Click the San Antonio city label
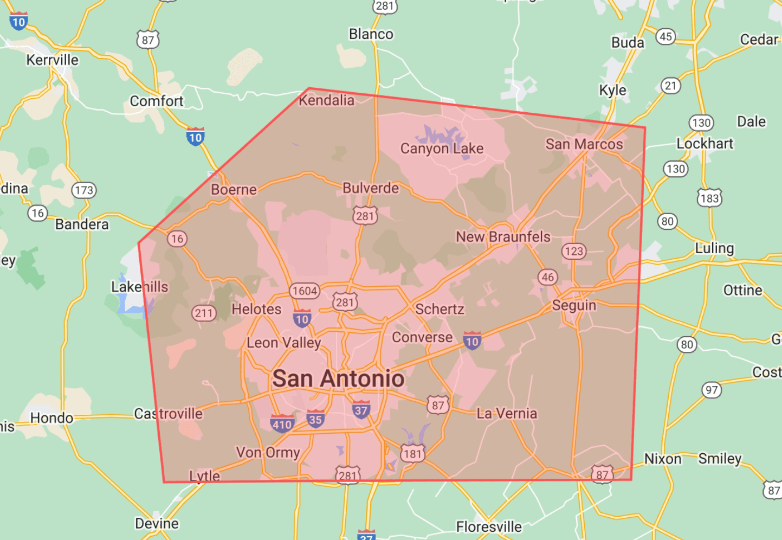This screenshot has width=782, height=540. click(x=338, y=378)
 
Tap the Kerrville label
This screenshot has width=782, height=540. click(x=52, y=60)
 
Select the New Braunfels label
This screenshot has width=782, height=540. click(x=503, y=237)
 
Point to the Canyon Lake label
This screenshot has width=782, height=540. click(x=442, y=148)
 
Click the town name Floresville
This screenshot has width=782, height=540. click(x=489, y=526)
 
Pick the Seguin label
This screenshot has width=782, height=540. click(x=574, y=305)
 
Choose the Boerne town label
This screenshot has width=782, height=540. click(x=234, y=190)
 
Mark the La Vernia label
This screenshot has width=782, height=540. click(x=507, y=414)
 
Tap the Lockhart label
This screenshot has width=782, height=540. click(x=705, y=144)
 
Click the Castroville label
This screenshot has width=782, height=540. click(x=168, y=414)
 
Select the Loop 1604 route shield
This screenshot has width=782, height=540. click(x=305, y=291)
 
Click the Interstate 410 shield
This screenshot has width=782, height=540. click(x=282, y=423)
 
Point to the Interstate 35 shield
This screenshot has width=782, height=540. click(x=315, y=419)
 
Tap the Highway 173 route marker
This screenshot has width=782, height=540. click(x=84, y=190)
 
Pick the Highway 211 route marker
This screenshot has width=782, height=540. click(x=204, y=313)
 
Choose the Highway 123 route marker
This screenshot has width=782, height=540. click(x=574, y=251)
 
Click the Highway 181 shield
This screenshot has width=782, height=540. click(x=412, y=453)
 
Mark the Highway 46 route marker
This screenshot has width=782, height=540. click(x=548, y=277)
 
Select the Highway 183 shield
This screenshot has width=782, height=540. click(x=709, y=198)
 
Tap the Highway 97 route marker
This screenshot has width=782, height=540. click(x=712, y=390)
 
